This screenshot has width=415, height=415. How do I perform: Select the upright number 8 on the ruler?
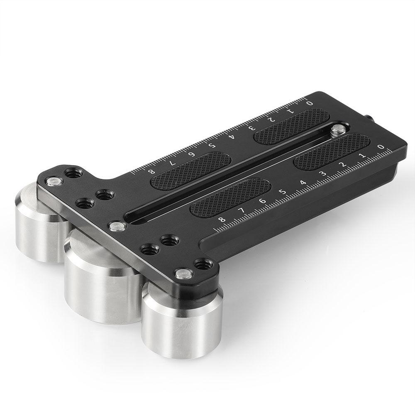[x=221, y=220]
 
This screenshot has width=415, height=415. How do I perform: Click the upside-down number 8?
[x=152, y=171]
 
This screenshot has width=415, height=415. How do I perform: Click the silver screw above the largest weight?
[x=116, y=226]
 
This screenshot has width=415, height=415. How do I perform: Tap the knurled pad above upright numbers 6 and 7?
[x=230, y=196]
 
